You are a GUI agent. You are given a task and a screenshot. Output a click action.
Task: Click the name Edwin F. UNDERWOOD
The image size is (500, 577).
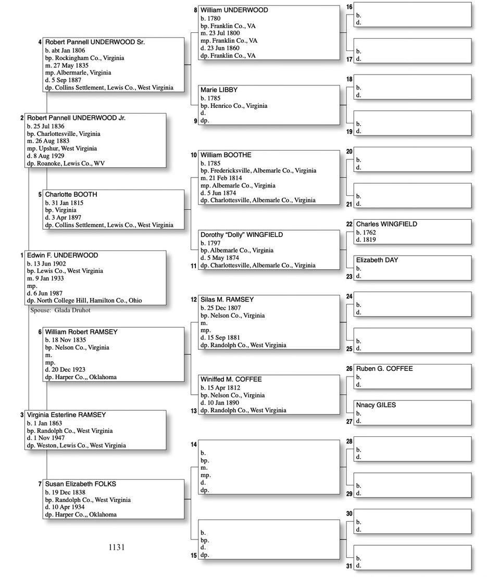[63, 256]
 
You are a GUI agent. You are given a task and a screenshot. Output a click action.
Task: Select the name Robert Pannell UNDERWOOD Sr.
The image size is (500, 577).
[95, 42]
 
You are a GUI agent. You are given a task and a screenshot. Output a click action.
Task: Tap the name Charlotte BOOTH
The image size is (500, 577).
[71, 195]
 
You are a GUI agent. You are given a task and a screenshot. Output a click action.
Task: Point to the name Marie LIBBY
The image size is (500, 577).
[219, 90]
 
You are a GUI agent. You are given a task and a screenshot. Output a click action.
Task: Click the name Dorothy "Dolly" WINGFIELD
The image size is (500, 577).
[242, 235]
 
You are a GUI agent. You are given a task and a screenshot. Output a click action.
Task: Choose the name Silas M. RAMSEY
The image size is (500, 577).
[227, 300]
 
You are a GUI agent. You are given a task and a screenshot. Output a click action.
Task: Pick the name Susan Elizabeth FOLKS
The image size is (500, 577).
[80, 484]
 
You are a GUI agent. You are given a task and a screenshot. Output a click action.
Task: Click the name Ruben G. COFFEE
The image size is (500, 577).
[384, 369]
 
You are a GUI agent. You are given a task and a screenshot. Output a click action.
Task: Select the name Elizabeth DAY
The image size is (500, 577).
[377, 260]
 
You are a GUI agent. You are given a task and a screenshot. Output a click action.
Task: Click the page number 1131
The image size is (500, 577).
[117, 547]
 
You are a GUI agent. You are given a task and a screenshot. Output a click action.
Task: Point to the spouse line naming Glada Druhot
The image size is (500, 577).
[60, 310]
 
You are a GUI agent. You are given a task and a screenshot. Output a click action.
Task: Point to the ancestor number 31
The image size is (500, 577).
[349, 566]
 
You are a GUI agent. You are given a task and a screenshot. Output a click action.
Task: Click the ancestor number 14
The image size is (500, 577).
[194, 444]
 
